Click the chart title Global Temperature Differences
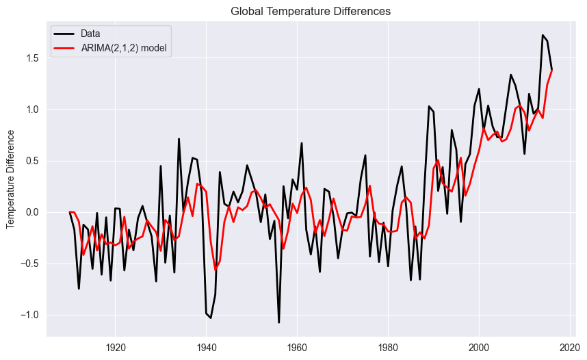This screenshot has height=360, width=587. pyautogui.click(x=311, y=11)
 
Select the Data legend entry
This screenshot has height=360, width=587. pyautogui.click(x=89, y=34)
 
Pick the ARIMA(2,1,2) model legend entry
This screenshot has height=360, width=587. pyautogui.click(x=124, y=47)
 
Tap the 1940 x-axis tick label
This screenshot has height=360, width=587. pyautogui.click(x=206, y=347)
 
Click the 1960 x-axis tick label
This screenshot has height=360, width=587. pyautogui.click(x=297, y=347)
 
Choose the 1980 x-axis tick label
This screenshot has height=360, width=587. pyautogui.click(x=388, y=347)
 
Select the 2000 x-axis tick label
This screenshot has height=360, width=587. pyautogui.click(x=479, y=347)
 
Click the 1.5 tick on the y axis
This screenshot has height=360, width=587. pyautogui.click(x=33, y=58)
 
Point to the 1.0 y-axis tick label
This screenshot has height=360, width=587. pyautogui.click(x=33, y=110)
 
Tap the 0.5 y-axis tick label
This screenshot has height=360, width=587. pyautogui.click(x=33, y=161)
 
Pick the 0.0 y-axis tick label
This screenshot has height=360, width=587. pyautogui.click(x=33, y=212)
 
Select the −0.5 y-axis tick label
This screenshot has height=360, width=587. pyautogui.click(x=30, y=263)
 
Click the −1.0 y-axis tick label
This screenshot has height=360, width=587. pyautogui.click(x=30, y=315)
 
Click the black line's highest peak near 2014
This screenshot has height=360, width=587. pyautogui.click(x=543, y=35)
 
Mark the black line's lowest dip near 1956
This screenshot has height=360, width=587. pyautogui.click(x=279, y=322)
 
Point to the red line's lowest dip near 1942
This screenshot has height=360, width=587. pyautogui.click(x=216, y=270)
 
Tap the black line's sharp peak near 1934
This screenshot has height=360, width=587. pyautogui.click(x=179, y=139)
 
